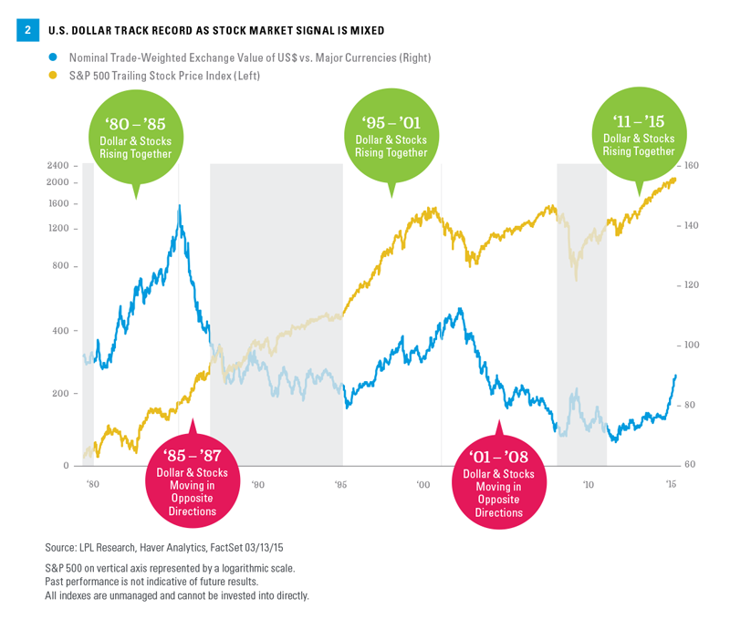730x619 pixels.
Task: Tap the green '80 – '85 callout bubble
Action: click(x=139, y=137)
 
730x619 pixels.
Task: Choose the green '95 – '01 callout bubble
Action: click(x=390, y=137)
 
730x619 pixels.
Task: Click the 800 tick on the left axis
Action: click(x=59, y=266)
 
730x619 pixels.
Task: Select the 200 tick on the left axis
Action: click(x=59, y=394)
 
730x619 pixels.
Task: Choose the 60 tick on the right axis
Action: click(x=688, y=465)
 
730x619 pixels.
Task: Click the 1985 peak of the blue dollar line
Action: click(x=179, y=206)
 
